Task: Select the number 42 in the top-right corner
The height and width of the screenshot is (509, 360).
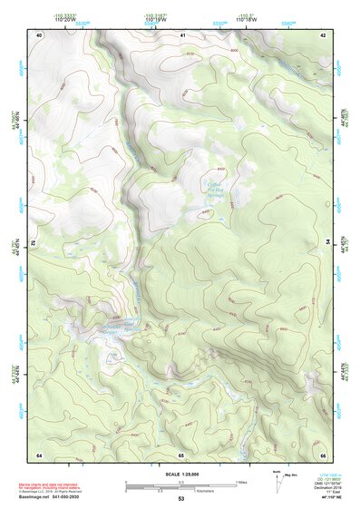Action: [323, 34]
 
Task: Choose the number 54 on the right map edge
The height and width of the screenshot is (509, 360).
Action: [328, 243]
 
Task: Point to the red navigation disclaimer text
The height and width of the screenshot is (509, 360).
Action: [63, 484]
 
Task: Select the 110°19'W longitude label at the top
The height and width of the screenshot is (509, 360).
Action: [155, 19]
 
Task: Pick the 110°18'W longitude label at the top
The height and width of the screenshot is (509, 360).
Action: [244, 19]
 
